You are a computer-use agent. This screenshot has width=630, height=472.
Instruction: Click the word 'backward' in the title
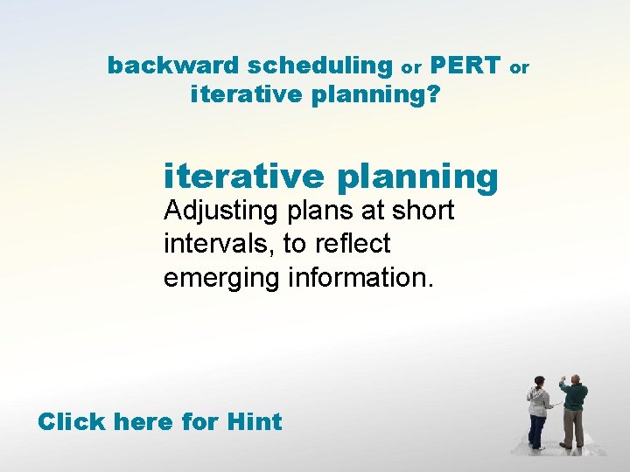173,66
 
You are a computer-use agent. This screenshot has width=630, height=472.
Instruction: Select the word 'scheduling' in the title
320,66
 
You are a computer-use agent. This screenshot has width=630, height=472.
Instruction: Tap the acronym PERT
465,66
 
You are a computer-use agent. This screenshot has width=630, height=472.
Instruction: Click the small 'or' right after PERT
520,67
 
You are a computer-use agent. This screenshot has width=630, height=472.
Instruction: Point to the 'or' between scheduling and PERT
411,67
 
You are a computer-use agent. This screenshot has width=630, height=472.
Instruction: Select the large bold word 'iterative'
243,176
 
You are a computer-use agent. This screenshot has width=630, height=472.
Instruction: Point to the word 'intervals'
218,243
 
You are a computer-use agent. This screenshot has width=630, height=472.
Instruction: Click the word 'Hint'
254,422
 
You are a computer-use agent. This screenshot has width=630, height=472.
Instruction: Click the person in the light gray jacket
538,411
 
